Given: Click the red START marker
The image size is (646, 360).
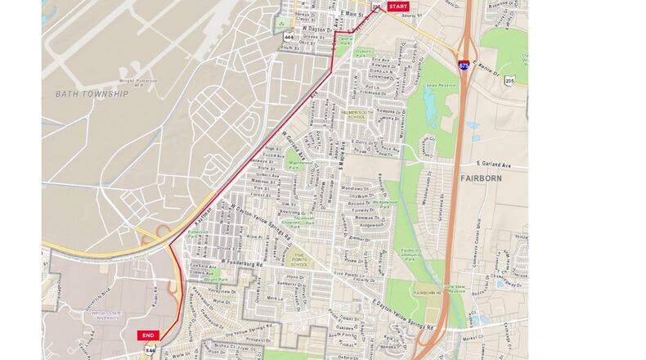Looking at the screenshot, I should pyautogui.click(x=397, y=7).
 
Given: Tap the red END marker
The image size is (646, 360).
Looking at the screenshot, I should pyautogui.click(x=148, y=335).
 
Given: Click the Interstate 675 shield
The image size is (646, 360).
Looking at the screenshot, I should pyautogui.click(x=464, y=65).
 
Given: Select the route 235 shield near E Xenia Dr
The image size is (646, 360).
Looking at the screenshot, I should pyautogui.click(x=509, y=80).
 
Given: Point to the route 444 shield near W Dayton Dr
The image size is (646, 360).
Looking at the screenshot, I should pyautogui.click(x=288, y=37).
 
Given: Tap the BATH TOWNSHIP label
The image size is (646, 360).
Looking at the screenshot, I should pyautogui.click(x=92, y=94).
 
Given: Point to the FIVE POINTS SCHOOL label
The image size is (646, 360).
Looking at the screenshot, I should pyautogui.click(x=300, y=259).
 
